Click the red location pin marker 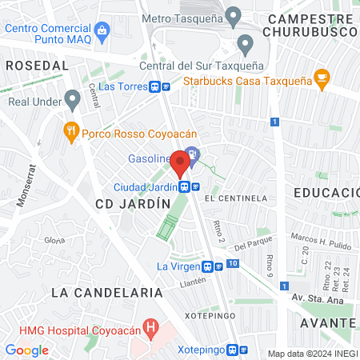(x=180, y=165)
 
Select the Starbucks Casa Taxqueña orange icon (x=322, y=78)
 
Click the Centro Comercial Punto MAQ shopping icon (x=102, y=30)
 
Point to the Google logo (x=26, y=350)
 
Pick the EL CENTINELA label (x=235, y=198)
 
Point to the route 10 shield (x=232, y=263)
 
